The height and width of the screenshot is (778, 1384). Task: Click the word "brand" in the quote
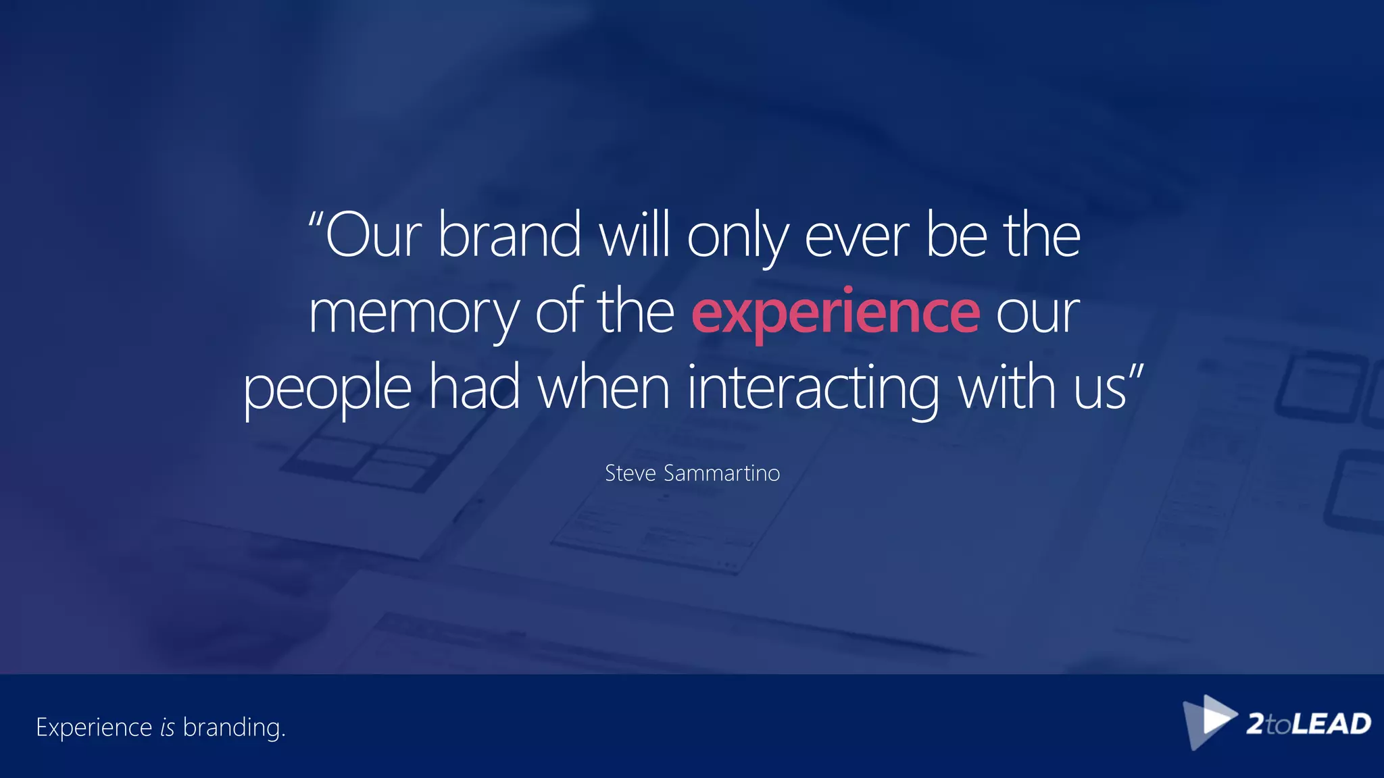(x=510, y=235)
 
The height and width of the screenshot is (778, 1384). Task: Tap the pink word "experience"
(x=835, y=312)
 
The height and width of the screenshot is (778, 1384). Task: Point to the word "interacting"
(x=813, y=389)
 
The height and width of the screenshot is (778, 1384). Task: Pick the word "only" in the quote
(x=737, y=238)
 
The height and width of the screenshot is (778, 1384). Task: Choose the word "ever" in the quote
(x=857, y=238)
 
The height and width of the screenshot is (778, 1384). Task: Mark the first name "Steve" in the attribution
(x=631, y=473)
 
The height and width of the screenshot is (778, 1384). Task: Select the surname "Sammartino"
(x=722, y=473)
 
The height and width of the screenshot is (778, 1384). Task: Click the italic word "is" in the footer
(x=168, y=727)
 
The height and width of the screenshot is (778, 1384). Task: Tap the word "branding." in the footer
(x=234, y=728)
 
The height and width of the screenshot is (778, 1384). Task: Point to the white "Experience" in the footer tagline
(x=94, y=728)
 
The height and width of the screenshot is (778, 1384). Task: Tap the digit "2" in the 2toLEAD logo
(x=1256, y=724)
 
